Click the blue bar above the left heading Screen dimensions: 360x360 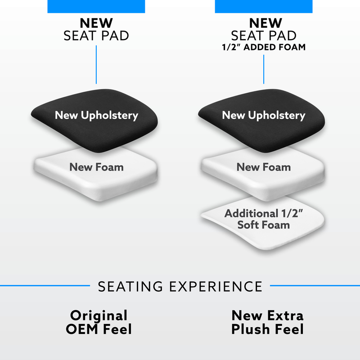tap(96, 6)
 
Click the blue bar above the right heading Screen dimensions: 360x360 tap(263, 6)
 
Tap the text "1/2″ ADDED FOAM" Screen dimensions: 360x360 tap(263, 46)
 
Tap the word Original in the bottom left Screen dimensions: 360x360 tap(99, 315)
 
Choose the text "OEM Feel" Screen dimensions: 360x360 tap(99, 329)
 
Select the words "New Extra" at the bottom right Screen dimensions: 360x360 tap(267, 315)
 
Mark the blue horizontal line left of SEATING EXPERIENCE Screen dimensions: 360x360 tap(45, 285)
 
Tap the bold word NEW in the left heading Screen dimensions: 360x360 tap(96, 22)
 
